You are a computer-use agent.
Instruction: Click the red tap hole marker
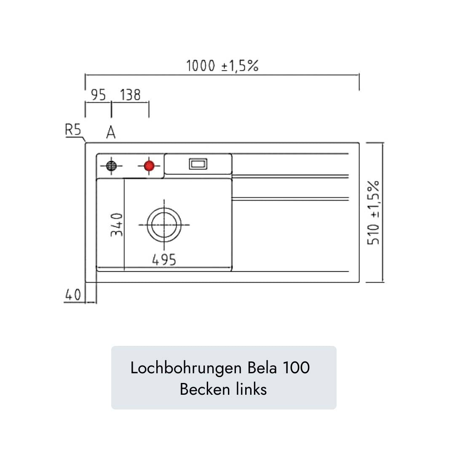coord(149,166)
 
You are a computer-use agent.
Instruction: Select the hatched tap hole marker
coord(111,166)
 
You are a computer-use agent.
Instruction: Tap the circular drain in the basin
coord(164,225)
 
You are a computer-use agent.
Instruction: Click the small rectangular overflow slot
coord(198,164)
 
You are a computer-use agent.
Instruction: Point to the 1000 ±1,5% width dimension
coord(222,66)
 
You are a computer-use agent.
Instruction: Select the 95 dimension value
coord(98,95)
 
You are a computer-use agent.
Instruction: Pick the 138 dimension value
coord(130,95)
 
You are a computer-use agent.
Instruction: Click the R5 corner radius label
coord(72,130)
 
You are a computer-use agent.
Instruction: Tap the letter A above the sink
coord(111,133)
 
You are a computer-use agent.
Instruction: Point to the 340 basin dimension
coord(117,225)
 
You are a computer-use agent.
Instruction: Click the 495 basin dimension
coord(164,260)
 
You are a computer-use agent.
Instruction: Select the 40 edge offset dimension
coord(72,295)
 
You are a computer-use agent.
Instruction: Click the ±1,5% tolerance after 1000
coord(240,66)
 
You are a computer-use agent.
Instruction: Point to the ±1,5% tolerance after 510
coord(374,199)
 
